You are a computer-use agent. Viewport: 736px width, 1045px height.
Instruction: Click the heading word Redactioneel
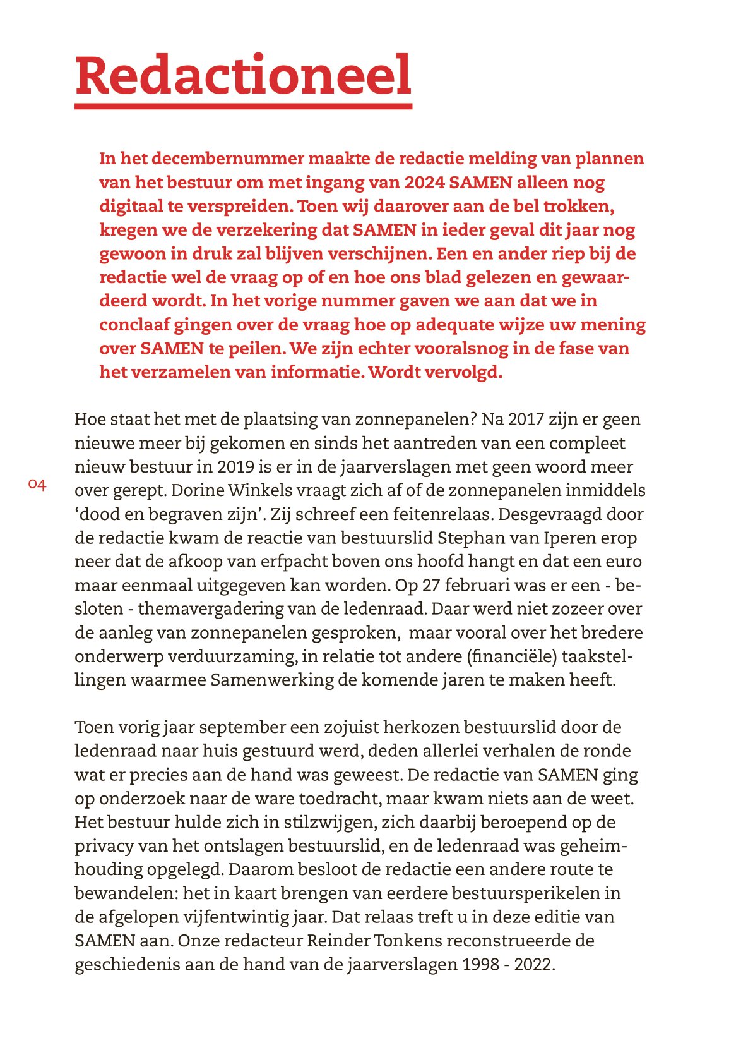tap(244, 75)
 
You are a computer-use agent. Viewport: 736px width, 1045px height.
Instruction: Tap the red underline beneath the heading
tap(244, 106)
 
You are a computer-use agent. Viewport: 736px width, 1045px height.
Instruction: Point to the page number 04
tap(37, 485)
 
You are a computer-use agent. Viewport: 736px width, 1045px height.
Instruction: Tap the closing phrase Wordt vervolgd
tap(435, 372)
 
